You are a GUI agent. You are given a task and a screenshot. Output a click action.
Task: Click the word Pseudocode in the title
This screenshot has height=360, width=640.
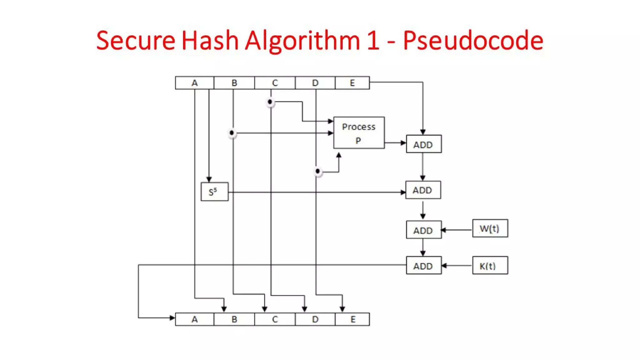[x=473, y=41]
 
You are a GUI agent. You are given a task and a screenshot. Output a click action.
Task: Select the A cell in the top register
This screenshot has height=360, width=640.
[x=194, y=83]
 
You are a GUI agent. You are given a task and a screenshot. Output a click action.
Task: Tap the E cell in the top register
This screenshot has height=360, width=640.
[x=352, y=83]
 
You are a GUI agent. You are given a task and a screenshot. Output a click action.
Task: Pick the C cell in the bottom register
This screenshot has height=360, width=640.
[x=275, y=319]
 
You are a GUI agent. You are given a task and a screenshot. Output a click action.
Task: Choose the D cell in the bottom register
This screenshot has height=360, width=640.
[x=315, y=319]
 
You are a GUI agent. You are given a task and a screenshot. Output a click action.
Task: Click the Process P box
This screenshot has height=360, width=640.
[x=359, y=133]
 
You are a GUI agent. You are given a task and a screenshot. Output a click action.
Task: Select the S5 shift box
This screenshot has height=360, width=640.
[x=214, y=192]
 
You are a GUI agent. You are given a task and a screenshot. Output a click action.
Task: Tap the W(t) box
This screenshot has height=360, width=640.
[x=490, y=228]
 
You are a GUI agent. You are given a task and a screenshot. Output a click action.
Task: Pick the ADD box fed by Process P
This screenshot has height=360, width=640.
[x=423, y=144]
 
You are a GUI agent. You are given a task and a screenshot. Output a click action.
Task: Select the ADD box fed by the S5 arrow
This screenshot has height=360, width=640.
[x=423, y=190]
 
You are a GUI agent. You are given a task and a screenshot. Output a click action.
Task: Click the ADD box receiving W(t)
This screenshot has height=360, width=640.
[x=423, y=230]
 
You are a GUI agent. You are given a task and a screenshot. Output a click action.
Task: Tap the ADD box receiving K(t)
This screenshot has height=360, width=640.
[x=423, y=266]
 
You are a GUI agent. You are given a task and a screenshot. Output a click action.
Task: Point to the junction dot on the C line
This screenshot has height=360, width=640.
[x=270, y=102]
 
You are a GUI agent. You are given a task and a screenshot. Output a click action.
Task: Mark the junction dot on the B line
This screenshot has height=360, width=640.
[x=232, y=133]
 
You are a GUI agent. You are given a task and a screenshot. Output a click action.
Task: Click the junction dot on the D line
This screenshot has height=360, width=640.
[x=317, y=171]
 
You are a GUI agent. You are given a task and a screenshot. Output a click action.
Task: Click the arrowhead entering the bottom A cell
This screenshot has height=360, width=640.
[x=172, y=318]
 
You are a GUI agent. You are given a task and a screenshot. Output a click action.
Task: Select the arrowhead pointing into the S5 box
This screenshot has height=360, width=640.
[x=209, y=179]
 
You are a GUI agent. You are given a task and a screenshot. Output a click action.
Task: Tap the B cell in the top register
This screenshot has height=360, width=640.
[x=234, y=83]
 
